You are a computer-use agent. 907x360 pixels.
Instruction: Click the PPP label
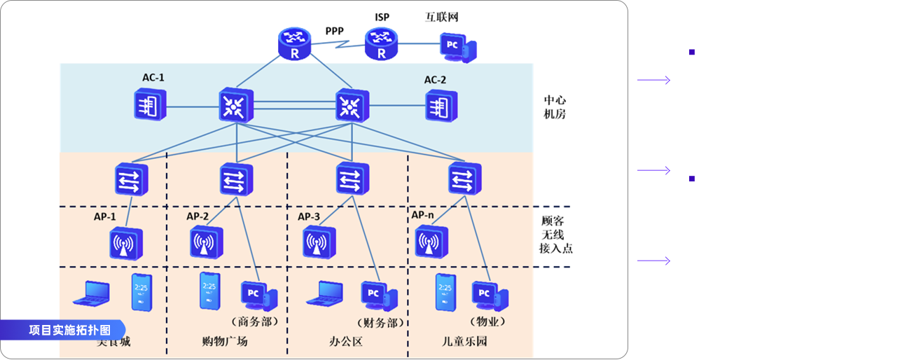(x=334, y=30)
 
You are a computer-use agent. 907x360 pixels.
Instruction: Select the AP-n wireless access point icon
(x=432, y=242)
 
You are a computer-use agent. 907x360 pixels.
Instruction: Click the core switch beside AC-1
(x=233, y=106)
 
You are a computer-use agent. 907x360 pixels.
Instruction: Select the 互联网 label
(x=441, y=17)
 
